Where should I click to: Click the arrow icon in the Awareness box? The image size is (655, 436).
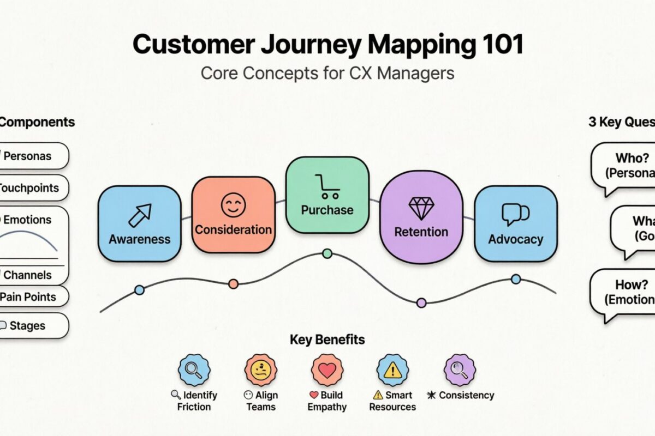point(139,215)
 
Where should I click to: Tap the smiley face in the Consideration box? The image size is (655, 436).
point(233,205)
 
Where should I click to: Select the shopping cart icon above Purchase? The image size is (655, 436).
point(327,186)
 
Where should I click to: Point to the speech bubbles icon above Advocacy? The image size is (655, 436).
point(515,214)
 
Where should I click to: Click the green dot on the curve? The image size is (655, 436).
point(327,253)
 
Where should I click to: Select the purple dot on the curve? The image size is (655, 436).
point(421,302)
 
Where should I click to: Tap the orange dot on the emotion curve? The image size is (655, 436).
point(233,283)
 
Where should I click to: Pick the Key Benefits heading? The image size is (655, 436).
point(327,340)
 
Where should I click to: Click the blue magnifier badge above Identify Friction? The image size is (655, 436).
point(194,370)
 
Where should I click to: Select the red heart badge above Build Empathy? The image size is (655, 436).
point(327,370)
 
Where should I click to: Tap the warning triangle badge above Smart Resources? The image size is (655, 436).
point(392,370)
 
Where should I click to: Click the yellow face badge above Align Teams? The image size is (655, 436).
point(261,370)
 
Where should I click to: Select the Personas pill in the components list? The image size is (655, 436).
point(33,156)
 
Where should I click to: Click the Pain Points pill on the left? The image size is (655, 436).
point(33,297)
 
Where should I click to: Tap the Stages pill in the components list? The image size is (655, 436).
point(33,326)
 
